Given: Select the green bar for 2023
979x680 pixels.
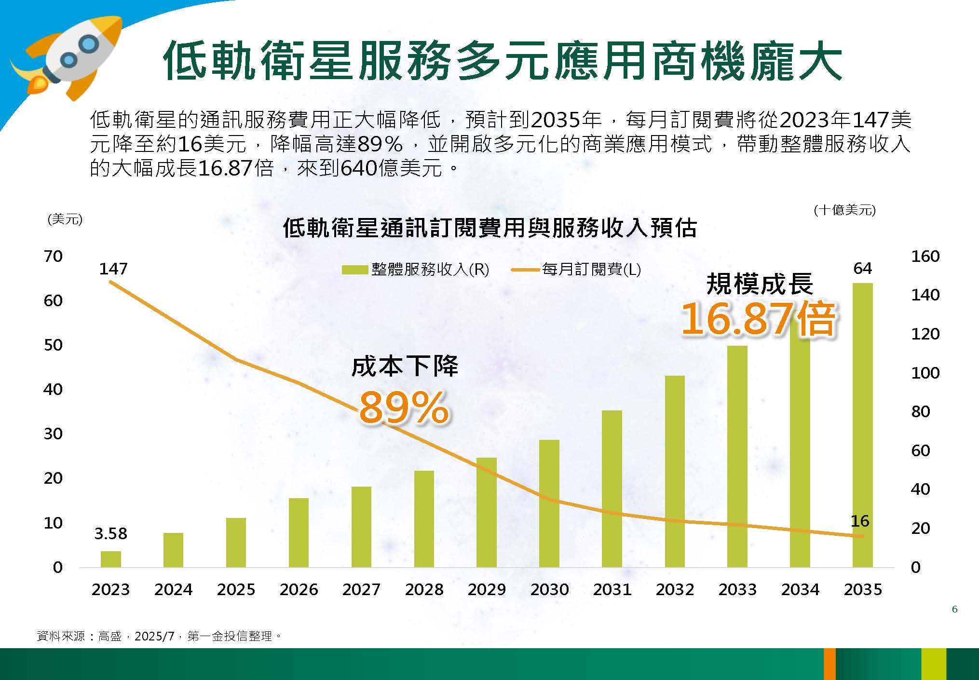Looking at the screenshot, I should click(x=110, y=559).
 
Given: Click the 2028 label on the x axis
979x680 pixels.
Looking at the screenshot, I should click(x=424, y=589).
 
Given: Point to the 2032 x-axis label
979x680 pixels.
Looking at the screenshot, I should click(x=675, y=589).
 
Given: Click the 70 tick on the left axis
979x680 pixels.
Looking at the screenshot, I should click(x=53, y=256).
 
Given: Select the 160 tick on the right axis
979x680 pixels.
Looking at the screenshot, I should click(x=925, y=256).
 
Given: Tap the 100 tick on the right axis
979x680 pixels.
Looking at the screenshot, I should click(x=925, y=373).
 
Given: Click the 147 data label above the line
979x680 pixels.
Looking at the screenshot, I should click(x=113, y=269).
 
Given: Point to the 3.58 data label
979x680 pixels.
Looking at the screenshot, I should click(x=110, y=533).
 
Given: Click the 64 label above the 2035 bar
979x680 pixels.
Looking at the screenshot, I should click(x=862, y=268).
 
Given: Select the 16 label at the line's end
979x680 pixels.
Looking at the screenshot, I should click(x=860, y=521).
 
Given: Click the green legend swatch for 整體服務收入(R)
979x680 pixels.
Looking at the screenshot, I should click(x=354, y=270).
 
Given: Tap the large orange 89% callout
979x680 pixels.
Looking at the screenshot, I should click(x=404, y=408).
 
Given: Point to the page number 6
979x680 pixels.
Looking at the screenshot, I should click(x=955, y=609).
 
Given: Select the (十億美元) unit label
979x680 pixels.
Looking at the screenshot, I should click(x=844, y=210).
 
